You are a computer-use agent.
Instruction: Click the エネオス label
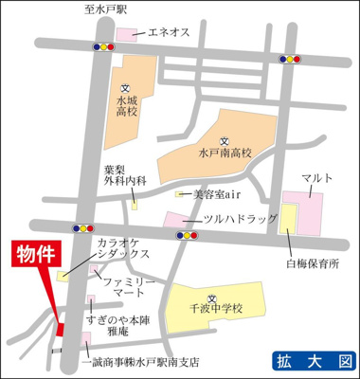(x=168, y=32)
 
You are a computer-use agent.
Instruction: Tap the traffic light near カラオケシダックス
(x=84, y=227)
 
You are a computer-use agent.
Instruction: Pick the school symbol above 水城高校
(x=126, y=87)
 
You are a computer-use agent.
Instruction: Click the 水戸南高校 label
(x=224, y=151)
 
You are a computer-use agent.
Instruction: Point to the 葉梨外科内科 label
(x=125, y=178)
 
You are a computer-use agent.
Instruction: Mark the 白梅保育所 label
(x=313, y=265)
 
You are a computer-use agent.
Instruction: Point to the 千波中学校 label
(x=215, y=308)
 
